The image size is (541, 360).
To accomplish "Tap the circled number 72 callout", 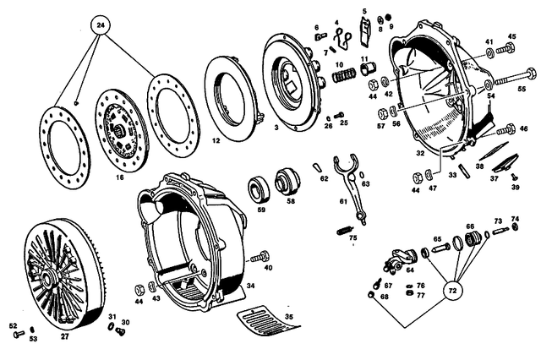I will click(x=452, y=290).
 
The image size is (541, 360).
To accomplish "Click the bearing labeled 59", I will click(x=257, y=188).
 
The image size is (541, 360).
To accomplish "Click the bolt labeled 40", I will click(x=261, y=255).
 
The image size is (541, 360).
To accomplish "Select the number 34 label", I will click(x=250, y=286).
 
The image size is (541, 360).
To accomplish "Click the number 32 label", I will click(x=419, y=154).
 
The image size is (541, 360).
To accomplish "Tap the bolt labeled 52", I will click(x=19, y=335).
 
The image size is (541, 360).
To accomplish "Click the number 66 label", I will click(x=471, y=226).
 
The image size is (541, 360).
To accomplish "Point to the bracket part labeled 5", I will click(x=364, y=30).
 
